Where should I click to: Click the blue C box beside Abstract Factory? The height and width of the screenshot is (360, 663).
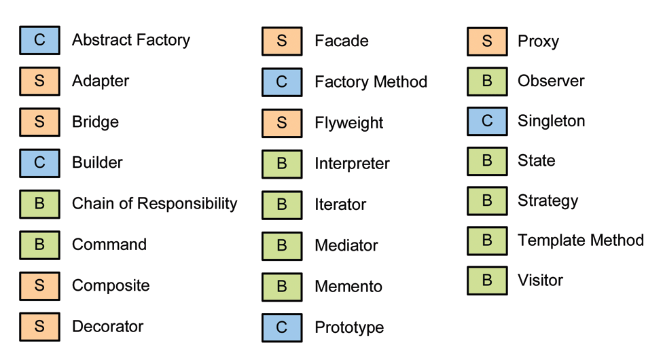(39, 40)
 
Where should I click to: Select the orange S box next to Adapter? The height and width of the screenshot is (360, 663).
(39, 81)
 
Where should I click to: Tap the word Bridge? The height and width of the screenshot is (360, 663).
(95, 122)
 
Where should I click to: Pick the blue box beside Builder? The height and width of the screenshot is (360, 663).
(39, 163)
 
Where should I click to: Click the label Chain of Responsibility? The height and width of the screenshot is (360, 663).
(154, 204)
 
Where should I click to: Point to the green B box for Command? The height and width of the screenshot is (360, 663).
(39, 245)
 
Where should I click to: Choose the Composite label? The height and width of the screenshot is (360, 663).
(111, 285)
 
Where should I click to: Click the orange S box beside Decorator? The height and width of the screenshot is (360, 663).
(39, 326)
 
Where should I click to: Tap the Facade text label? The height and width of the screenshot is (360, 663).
(341, 41)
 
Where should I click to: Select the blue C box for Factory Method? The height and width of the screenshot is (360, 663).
(282, 82)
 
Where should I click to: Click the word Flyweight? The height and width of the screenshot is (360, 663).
(348, 123)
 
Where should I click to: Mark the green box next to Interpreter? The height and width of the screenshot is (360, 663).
(282, 164)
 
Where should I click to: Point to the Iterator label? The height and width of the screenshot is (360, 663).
(340, 204)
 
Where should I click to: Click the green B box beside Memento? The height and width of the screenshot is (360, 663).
(282, 287)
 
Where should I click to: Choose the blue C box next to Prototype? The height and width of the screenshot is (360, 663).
(282, 327)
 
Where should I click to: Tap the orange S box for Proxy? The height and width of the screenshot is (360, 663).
(487, 41)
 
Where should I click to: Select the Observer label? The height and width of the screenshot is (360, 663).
(550, 81)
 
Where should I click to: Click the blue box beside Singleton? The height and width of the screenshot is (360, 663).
(487, 121)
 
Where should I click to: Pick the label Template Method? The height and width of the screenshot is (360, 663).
(580, 240)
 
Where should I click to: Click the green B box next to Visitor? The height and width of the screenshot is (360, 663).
(487, 281)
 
